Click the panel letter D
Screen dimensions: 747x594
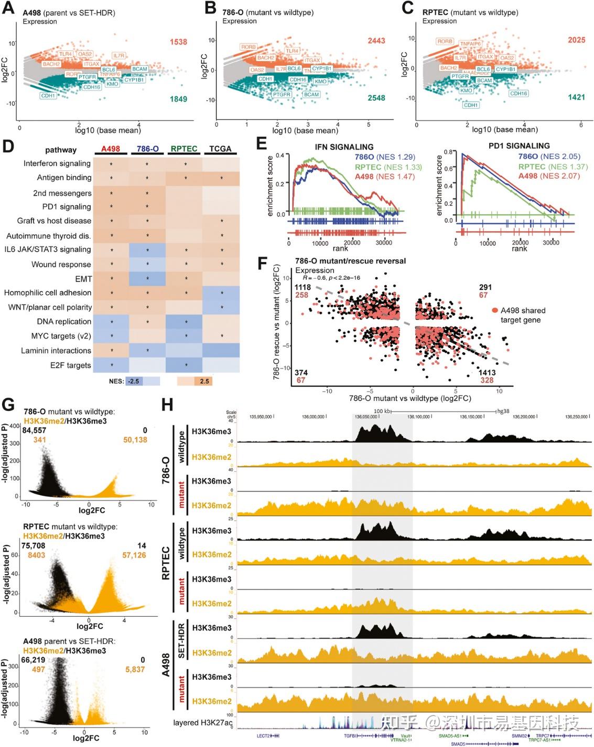[8, 145]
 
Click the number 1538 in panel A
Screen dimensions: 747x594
[178, 42]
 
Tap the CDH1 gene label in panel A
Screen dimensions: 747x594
[48, 96]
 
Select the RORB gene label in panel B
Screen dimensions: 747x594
[249, 47]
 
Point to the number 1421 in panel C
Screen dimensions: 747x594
[576, 97]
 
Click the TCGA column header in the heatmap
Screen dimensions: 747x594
[220, 149]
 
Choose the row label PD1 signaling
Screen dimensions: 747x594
[67, 207]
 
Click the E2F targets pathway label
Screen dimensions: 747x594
[71, 365]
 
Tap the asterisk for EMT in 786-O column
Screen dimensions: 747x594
[147, 279]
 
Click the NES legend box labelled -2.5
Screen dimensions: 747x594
[134, 381]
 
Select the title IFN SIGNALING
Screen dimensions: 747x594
[344, 147]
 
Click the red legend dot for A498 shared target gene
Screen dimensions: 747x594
[494, 311]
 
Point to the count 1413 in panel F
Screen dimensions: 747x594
[487, 372]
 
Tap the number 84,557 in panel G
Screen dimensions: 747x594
[34, 430]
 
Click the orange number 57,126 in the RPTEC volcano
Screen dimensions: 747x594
[134, 555]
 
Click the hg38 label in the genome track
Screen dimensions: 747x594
[503, 412]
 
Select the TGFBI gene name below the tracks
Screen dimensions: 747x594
[350, 736]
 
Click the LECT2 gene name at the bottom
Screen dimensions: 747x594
[263, 736]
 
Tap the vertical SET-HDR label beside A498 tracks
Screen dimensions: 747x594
[181, 641]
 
